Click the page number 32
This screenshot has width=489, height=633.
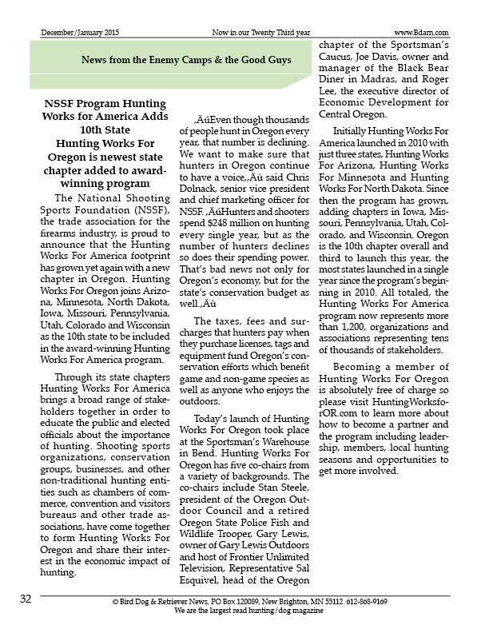click(26, 599)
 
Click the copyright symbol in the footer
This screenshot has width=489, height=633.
click(115, 600)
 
